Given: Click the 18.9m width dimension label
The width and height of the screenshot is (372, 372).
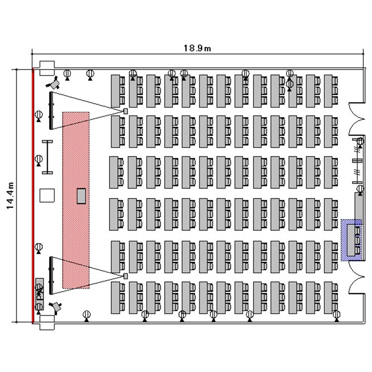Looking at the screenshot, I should (197, 48).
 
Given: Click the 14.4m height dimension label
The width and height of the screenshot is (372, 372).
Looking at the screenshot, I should (10, 195).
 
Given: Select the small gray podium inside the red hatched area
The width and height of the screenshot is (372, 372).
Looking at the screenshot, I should (81, 196).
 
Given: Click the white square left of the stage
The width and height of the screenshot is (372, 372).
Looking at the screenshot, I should (47, 195).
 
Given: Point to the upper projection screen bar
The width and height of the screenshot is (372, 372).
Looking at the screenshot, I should (51, 109).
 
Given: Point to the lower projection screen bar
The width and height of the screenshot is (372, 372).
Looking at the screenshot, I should (51, 273).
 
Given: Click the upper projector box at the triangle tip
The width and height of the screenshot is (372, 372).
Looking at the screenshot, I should (125, 111).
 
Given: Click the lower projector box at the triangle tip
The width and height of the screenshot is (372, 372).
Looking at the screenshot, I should (125, 275).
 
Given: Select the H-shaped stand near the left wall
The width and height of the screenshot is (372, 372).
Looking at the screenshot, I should (48, 156).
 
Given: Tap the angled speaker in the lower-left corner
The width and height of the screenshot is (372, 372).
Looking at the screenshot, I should (57, 307).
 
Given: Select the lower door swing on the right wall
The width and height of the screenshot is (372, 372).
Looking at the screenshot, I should (356, 278).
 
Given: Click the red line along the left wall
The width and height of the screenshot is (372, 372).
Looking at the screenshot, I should (33, 195).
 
